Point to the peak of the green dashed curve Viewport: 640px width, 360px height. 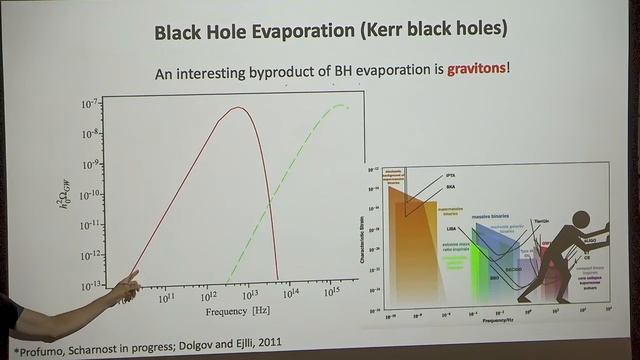[x=340, y=105]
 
